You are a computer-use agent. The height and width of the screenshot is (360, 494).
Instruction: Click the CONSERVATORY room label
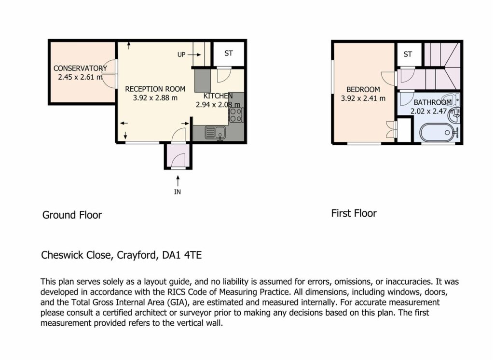pos(80,68)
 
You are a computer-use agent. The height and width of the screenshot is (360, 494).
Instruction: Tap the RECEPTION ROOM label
pos(155,89)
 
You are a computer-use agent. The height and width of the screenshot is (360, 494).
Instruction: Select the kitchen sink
pos(215,132)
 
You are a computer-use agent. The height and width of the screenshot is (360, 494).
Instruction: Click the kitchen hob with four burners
pos(236,115)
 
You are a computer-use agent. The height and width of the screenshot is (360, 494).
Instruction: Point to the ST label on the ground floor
pos(228,53)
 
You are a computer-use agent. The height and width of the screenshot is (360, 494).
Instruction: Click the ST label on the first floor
pos(408,54)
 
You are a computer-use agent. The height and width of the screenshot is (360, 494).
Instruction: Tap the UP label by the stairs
pos(181,55)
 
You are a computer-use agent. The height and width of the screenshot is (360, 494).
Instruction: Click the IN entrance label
pos(178,192)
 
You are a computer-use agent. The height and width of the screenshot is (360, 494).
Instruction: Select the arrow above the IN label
pos(178,181)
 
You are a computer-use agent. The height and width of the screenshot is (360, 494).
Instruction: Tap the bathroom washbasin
pos(454,115)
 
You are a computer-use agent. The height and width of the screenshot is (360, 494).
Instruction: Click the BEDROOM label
pos(363,90)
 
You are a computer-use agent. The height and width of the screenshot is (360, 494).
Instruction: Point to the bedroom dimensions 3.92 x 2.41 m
pos(363,98)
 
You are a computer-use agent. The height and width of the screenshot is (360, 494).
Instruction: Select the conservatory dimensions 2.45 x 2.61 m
pos(81,77)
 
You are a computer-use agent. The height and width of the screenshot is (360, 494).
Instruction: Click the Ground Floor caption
pos(72,215)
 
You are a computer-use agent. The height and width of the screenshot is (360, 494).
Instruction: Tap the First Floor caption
pos(354,213)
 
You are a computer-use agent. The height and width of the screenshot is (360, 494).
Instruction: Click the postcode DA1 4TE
pos(182,255)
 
